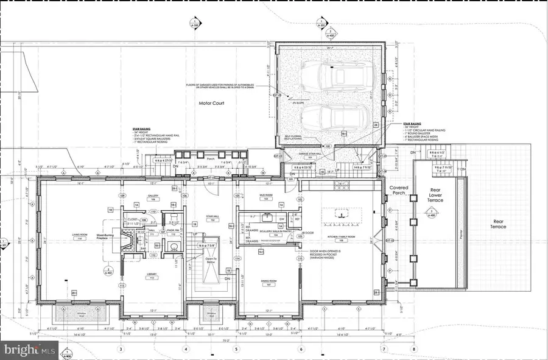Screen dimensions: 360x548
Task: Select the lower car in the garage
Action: pos(334,118)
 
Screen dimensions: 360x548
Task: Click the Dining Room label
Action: pos(269,281)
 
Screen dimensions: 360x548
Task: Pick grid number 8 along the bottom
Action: pos(414,349)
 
